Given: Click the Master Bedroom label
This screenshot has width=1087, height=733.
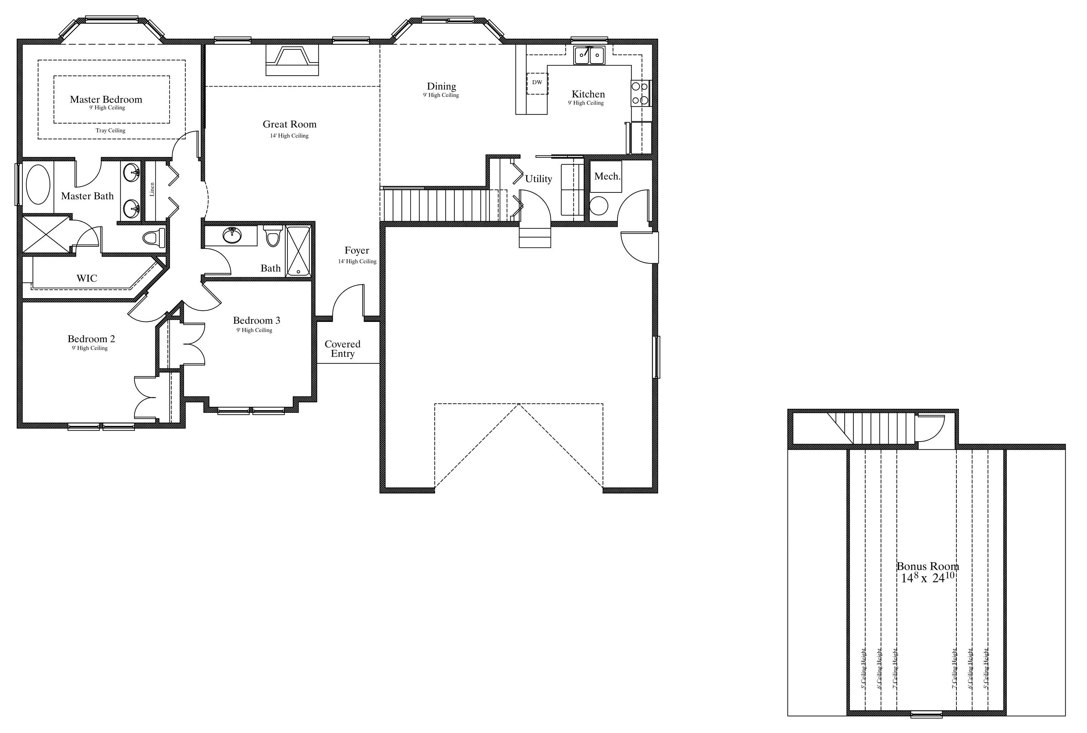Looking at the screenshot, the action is pos(106,99).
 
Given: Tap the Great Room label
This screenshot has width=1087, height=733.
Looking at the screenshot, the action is pos(290,124).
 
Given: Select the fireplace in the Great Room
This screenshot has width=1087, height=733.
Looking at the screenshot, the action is pos(292,60).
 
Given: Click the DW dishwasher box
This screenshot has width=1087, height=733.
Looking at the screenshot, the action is pos(537,83).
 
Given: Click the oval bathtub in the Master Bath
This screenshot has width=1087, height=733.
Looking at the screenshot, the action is pos(38,184).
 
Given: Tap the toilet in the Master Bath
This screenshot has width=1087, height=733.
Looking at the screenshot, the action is pos(154,238).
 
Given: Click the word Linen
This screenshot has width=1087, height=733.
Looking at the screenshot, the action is pos(152,189).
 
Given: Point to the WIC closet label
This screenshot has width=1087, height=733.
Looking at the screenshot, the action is pos(87,278).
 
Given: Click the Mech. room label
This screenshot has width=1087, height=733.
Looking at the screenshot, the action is pos(608,176).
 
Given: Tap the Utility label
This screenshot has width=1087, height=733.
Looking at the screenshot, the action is pos(538,179).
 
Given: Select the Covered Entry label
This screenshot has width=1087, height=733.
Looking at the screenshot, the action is pos(342,349).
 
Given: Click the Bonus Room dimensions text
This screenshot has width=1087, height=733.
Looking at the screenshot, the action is pos(928,577).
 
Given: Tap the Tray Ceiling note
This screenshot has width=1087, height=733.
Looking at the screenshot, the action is pos(111,130).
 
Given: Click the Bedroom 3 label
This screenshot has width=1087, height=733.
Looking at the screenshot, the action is pos(257,320).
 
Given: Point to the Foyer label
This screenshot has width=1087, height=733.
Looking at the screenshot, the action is pos(357,250).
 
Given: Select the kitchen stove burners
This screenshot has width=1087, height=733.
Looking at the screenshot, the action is pos(640,93).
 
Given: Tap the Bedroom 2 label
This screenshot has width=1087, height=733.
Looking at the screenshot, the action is pos(91,338).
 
